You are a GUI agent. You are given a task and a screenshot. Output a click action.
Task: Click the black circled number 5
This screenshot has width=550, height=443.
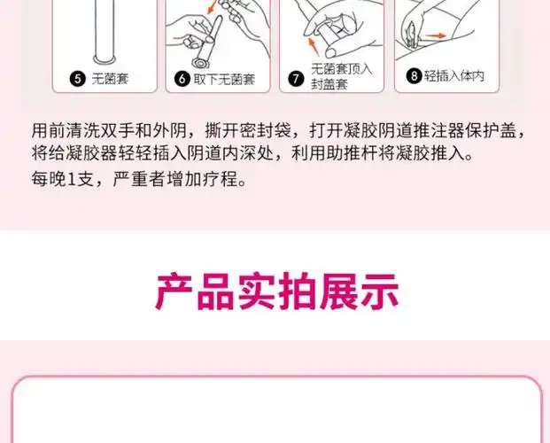[78, 78]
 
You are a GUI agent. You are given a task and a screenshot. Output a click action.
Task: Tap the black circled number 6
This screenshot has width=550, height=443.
[182, 78]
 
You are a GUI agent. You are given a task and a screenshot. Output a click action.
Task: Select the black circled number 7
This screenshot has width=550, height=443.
[297, 77]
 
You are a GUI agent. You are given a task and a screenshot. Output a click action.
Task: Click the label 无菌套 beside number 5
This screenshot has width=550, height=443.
[110, 78]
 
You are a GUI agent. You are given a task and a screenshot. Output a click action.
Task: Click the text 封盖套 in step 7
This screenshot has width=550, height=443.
[329, 85]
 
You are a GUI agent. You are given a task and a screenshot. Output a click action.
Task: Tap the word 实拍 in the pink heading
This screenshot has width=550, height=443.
[276, 292]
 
